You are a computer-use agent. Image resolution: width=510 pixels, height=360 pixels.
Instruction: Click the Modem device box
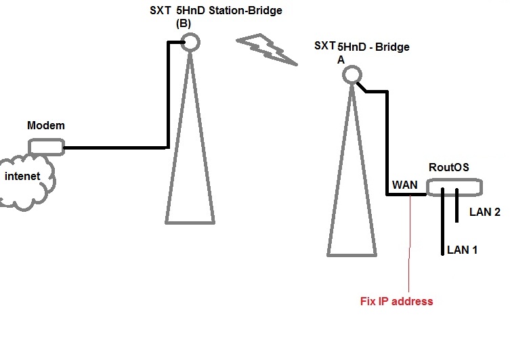click(45, 146)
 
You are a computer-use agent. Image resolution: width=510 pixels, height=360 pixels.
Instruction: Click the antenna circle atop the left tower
click(190, 42)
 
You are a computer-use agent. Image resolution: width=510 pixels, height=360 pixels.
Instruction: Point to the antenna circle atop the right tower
click(351, 75)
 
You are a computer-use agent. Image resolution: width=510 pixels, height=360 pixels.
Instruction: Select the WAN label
click(404, 185)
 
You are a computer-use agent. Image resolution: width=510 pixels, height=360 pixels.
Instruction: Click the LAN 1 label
click(463, 250)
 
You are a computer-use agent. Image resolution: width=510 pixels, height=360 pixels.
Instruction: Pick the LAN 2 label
click(485, 212)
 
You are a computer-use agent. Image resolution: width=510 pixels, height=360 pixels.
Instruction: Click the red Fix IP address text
click(396, 301)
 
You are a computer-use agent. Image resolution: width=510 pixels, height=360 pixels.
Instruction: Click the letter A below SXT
click(340, 60)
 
